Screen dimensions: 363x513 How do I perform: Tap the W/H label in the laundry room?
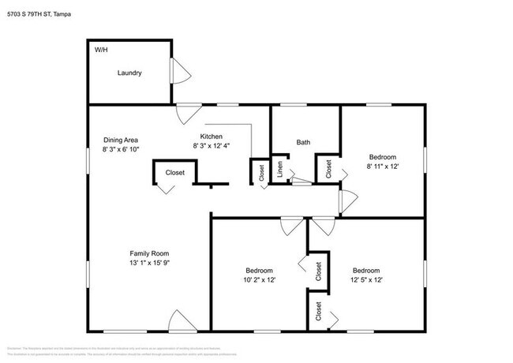[x=101, y=50]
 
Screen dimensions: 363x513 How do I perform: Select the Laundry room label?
[x=129, y=73]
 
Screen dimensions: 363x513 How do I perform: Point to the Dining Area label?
[x=120, y=140]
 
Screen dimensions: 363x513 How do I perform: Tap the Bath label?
[x=303, y=143]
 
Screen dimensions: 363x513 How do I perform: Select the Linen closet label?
[x=279, y=170]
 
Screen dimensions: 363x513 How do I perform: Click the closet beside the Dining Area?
[x=174, y=173]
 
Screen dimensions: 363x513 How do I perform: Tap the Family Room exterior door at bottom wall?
[x=180, y=321]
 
